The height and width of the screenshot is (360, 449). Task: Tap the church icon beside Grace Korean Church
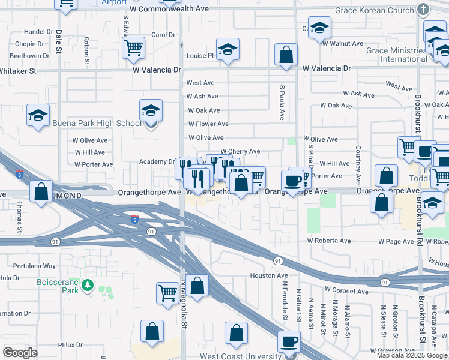coord(424,10)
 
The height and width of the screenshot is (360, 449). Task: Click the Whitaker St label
coord(17,71)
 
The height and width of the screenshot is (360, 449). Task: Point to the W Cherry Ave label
coord(240,152)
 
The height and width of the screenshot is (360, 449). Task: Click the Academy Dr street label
coord(156,162)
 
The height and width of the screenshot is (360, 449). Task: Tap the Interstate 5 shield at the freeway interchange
coord(134,220)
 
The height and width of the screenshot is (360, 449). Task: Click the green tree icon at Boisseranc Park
coord(89,284)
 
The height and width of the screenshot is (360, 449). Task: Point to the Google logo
coord(20,353)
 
